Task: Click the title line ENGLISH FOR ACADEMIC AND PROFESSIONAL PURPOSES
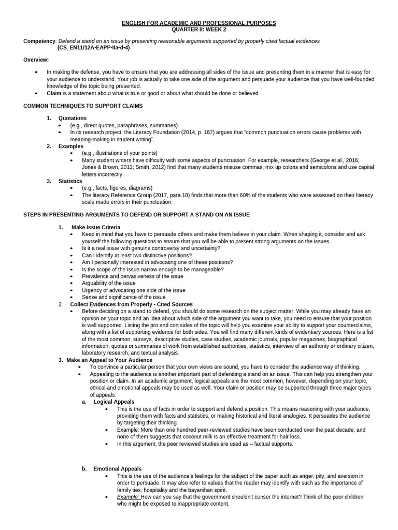[199, 23]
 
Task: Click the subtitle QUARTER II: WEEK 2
[199, 30]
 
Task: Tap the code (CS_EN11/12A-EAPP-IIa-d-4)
[93, 47]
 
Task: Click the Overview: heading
[36, 60]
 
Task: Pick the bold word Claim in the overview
[54, 93]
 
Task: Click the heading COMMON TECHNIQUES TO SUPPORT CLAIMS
[83, 106]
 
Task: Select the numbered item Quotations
[73, 119]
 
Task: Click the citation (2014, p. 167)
[200, 132]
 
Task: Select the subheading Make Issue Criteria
[96, 227]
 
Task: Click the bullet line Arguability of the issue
[108, 283]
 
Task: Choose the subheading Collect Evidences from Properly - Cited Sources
[132, 304]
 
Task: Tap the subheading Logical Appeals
[113, 402]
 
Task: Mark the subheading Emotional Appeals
[117, 469]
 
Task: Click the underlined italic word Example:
[128, 496]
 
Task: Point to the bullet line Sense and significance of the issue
[123, 297]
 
